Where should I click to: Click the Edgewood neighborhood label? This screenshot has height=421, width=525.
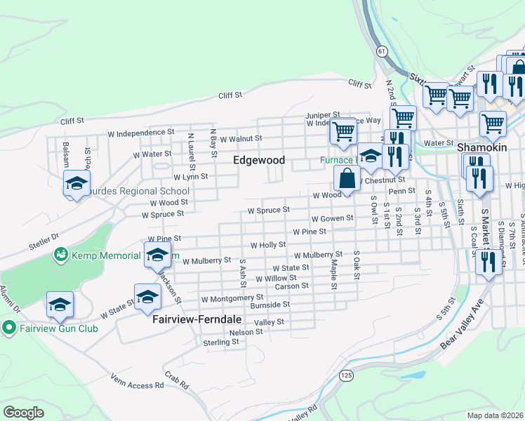(259, 160)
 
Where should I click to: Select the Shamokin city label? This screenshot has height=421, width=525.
(481, 148)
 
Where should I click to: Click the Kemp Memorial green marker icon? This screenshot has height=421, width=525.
(60, 253)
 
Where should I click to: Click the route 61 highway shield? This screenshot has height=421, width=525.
(381, 51)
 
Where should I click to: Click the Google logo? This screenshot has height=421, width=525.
(23, 412)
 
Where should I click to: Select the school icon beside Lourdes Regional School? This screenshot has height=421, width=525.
(76, 184)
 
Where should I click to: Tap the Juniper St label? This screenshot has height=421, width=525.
(321, 114)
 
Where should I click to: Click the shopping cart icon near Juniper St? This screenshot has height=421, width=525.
(343, 131)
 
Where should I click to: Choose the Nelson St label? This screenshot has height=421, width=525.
(246, 331)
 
